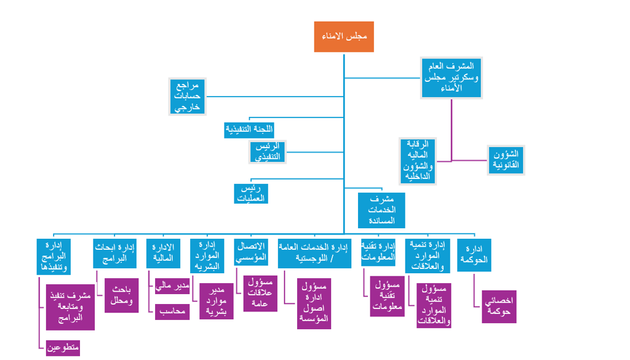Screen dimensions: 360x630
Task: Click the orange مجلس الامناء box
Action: coord(344,37)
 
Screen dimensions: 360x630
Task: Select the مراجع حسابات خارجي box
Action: coord(188,97)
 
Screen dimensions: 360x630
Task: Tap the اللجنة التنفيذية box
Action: coord(249,130)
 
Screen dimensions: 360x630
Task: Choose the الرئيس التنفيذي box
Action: coord(269,151)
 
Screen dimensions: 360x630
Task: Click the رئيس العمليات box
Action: coord(251,193)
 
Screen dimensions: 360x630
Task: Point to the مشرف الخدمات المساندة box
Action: coord(381,210)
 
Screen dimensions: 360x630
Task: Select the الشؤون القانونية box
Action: coord(506,160)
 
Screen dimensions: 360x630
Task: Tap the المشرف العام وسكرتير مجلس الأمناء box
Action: coord(451,78)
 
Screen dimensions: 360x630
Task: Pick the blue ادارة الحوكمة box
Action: coord(474,255)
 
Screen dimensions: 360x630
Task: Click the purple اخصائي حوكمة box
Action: coord(499,306)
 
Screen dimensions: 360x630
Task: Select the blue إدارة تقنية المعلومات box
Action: coord(378,252)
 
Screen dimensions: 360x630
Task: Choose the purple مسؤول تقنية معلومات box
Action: coord(387,296)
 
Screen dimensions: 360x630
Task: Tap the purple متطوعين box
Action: coord(63,348)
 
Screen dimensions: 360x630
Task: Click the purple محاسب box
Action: coord(172,312)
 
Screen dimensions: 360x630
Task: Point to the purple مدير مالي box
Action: coord(172,286)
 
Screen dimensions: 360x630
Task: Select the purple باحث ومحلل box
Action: coord(121,296)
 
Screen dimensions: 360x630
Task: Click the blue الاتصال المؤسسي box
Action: coord(252,252)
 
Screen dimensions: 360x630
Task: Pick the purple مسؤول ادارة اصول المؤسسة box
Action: coord(314,303)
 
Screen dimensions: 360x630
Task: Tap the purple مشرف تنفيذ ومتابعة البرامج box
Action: coord(70,306)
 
